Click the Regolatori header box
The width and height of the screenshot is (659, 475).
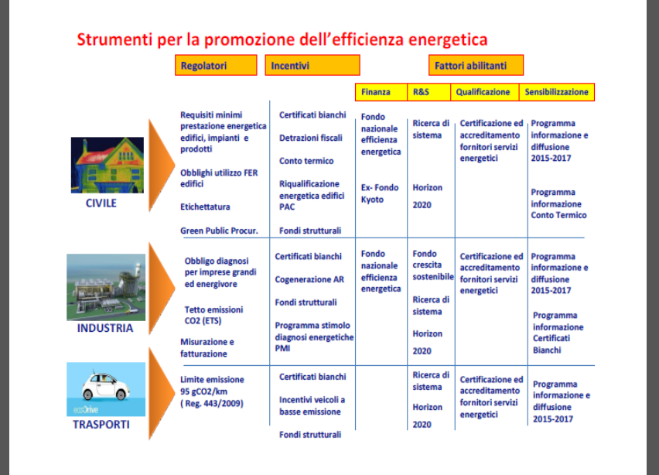tap(216, 65)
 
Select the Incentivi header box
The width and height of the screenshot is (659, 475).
tap(312, 65)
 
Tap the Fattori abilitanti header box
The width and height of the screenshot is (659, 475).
tap(476, 65)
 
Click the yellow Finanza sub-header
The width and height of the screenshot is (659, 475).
tap(381, 92)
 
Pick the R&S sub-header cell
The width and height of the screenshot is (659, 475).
tap(429, 92)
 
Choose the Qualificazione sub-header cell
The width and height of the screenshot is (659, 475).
tap(485, 92)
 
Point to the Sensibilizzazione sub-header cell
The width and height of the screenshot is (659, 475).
tap(557, 92)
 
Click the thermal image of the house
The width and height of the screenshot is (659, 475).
tap(108, 165)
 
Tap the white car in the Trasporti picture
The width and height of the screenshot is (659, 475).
tap(104, 386)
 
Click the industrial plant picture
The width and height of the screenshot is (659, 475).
tap(106, 287)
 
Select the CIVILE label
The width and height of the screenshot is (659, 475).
tap(101, 203)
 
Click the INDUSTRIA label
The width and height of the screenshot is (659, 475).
tap(105, 328)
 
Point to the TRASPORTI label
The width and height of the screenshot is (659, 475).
tap(101, 425)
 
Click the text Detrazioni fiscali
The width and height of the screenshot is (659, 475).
tap(311, 138)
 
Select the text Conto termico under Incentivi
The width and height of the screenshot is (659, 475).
tap(306, 161)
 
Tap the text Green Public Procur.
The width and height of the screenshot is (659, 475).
tap(219, 231)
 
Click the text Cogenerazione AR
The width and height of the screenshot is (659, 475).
tap(309, 279)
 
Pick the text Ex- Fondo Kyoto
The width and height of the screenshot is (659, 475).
tap(380, 193)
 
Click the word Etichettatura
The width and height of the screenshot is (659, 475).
tap(205, 207)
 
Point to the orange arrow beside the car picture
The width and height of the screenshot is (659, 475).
tap(162, 394)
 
